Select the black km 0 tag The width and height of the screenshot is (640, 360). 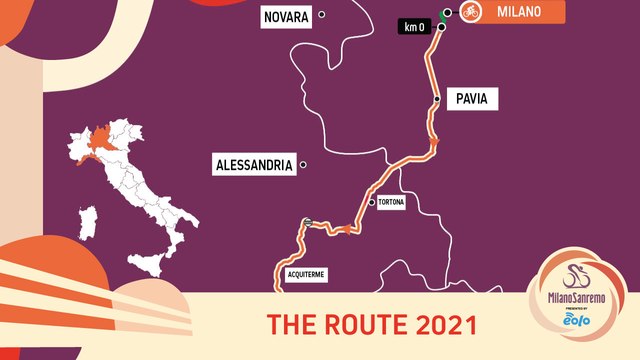(414, 27)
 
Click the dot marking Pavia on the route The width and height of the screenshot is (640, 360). (437, 100)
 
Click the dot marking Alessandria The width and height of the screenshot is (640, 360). (303, 165)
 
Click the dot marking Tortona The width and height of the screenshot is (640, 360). (371, 202)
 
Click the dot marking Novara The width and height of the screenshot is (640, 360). (322, 14)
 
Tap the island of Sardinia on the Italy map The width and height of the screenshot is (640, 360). (88, 224)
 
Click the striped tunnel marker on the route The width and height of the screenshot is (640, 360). (309, 221)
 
